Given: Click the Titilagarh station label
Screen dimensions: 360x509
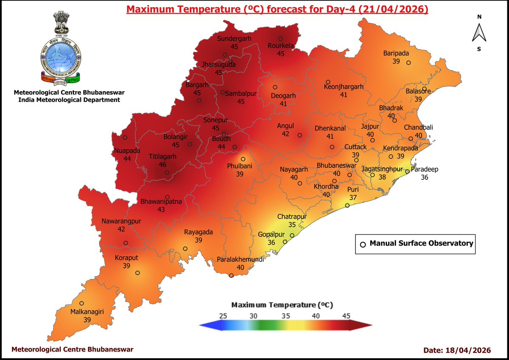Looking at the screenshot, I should pyautogui.click(x=162, y=156).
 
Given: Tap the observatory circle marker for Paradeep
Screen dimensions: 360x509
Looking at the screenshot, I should pyautogui.click(x=407, y=172).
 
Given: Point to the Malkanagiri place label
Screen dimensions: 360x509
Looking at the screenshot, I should pyautogui.click(x=87, y=312).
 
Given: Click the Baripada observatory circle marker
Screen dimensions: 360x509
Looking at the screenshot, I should pyautogui.click(x=408, y=63).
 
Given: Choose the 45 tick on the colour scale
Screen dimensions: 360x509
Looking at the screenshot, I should pyautogui.click(x=346, y=316).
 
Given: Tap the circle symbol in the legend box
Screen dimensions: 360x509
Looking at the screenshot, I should pyautogui.click(x=363, y=244).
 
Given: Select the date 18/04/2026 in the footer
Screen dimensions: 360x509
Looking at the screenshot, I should pyautogui.click(x=469, y=350).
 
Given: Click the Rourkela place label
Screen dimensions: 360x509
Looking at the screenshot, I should pyautogui.click(x=280, y=46).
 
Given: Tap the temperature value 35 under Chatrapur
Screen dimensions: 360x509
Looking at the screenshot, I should pyautogui.click(x=292, y=224).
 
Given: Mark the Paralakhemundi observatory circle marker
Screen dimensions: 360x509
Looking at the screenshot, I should pyautogui.click(x=231, y=276).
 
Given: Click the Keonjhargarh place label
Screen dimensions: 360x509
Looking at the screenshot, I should pyautogui.click(x=344, y=87).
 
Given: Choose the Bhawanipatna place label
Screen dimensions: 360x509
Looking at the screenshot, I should pyautogui.click(x=161, y=201).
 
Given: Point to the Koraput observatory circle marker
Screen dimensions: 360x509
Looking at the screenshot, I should pyautogui.click(x=137, y=273).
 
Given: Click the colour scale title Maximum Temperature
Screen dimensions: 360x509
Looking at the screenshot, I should pyautogui.click(x=282, y=305).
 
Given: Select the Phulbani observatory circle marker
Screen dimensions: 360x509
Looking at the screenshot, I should pyautogui.click(x=243, y=159).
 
